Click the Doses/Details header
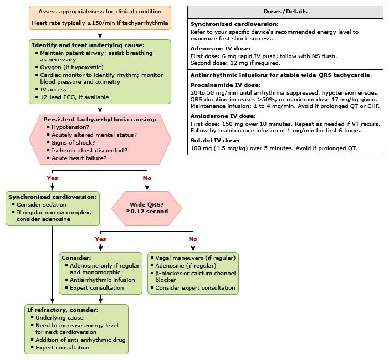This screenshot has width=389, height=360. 285,12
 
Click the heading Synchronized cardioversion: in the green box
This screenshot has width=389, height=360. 53,197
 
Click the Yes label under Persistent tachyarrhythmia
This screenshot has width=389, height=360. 52,178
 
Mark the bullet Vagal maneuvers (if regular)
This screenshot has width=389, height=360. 196,258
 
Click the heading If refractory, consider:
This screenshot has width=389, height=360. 62,310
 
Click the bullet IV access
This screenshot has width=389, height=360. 53,90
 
